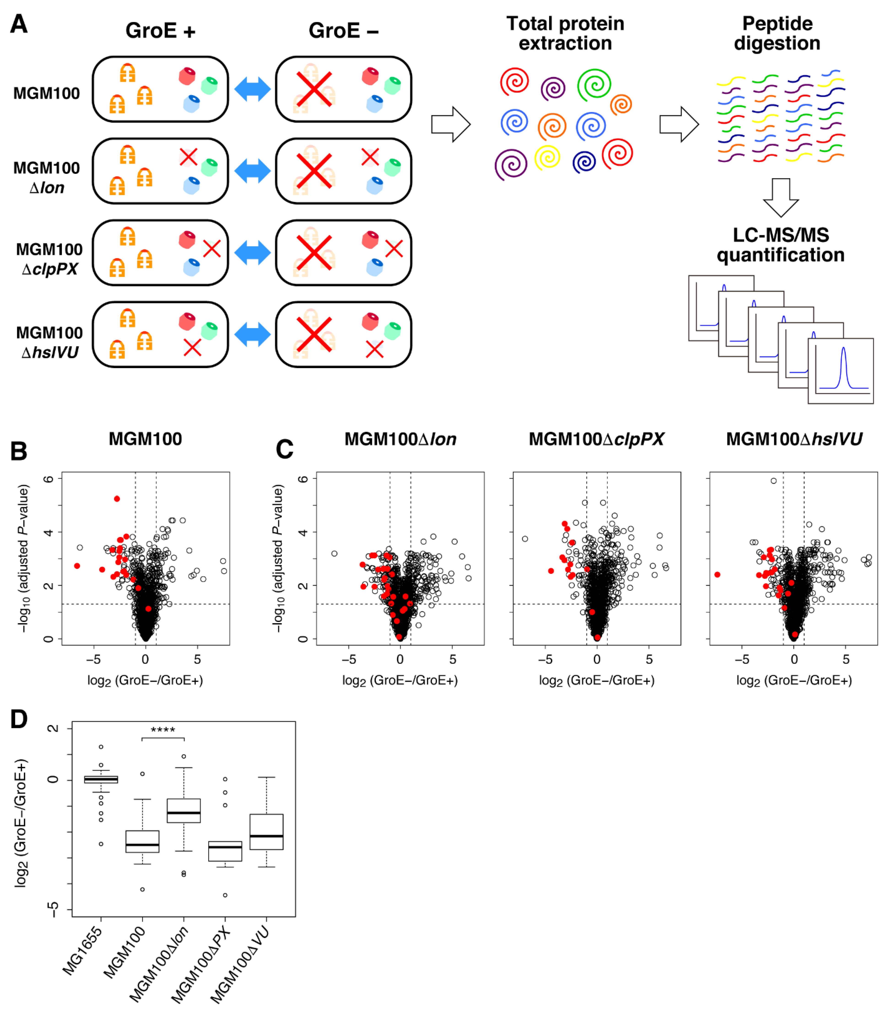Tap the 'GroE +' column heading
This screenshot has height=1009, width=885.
tap(160, 31)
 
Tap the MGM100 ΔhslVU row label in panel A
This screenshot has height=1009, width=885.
tap(49, 342)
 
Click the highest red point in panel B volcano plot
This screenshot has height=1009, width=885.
tap(117, 499)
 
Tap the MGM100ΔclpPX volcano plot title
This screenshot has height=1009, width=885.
tap(596, 439)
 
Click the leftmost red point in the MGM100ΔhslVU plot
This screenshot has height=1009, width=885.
tap(717, 575)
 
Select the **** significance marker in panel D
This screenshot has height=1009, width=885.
tap(163, 730)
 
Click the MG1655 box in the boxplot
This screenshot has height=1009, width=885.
tap(101, 780)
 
